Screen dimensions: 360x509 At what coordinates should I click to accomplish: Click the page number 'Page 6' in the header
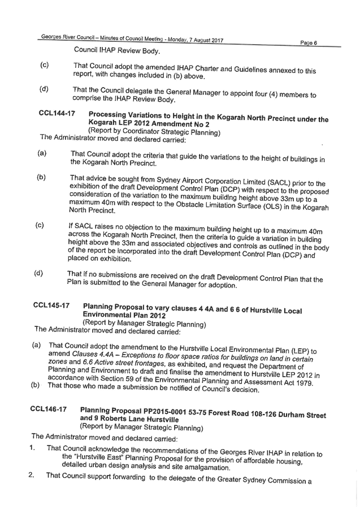point(309,43)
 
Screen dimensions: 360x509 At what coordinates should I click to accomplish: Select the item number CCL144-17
point(57,113)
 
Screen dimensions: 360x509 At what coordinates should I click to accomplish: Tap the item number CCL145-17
point(51,305)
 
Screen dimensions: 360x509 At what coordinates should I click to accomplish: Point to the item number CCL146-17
point(49,409)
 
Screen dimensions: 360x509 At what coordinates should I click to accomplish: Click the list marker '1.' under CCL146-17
point(32,448)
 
